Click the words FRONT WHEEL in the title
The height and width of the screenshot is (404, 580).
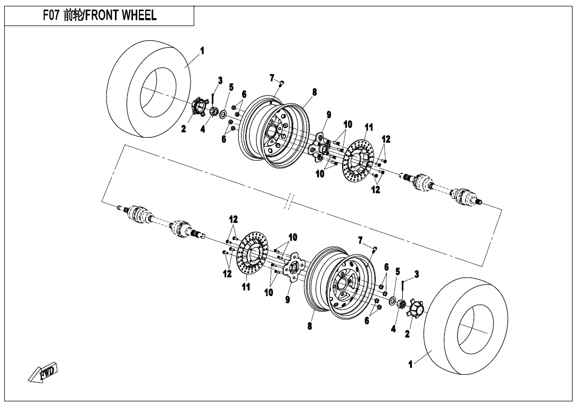pos(121,15)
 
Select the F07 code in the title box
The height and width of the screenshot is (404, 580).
pos(51,15)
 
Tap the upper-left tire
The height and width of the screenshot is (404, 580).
pos(150,89)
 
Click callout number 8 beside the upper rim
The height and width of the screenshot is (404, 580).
pos(314,91)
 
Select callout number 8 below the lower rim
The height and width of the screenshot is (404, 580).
pos(310,326)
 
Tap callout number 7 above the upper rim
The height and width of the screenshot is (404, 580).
pos(272,78)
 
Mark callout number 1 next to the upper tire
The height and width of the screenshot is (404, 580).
pos(202,50)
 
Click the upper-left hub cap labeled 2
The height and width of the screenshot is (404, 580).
pos(200,108)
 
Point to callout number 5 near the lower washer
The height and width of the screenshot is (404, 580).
pos(397,272)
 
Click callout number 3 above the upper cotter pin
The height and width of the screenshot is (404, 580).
pos(220,80)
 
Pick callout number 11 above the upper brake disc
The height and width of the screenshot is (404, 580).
pos(369,128)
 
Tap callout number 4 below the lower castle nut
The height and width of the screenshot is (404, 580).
pos(393,329)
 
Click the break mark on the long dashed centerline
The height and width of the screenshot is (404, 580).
pos(292,200)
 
